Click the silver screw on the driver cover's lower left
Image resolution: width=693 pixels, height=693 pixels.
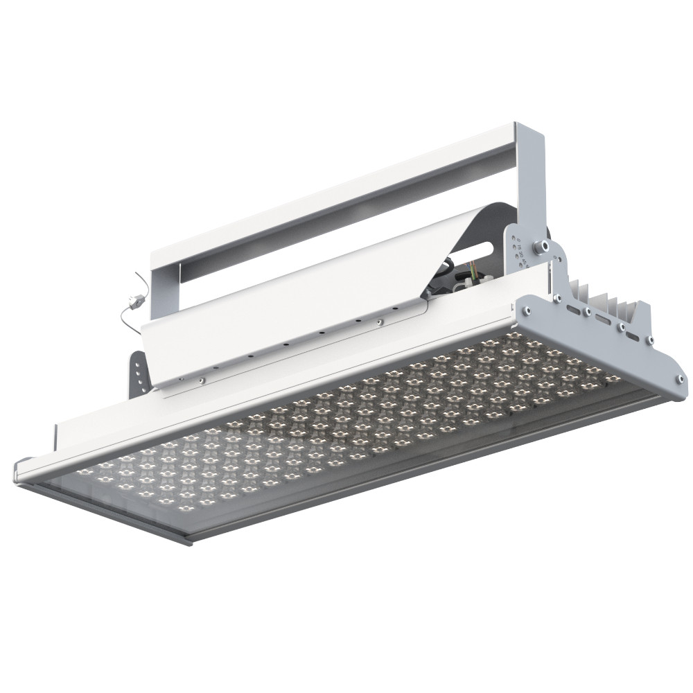[x=200, y=379]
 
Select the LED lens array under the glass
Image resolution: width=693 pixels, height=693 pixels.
[x=346, y=430]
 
